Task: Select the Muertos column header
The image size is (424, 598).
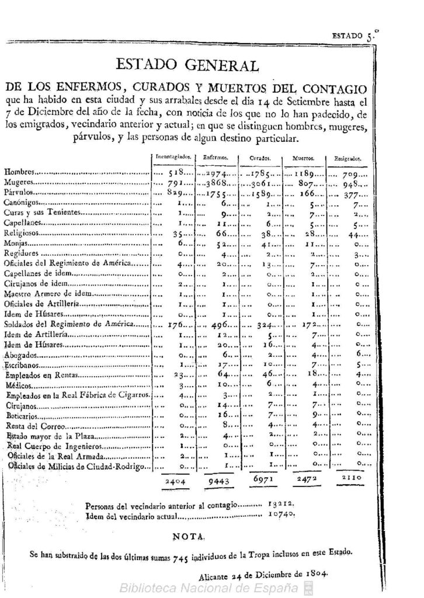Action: (x=304, y=158)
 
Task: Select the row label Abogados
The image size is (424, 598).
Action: (x=20, y=354)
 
